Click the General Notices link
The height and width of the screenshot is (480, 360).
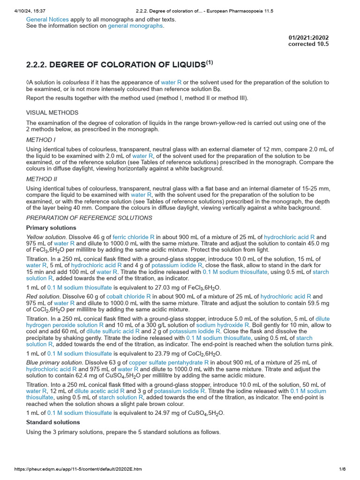[x=47, y=20]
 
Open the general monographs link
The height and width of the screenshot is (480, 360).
[x=135, y=26]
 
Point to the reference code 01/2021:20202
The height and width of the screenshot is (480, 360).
[x=308, y=37]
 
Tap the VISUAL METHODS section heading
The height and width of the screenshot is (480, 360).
[x=52, y=112]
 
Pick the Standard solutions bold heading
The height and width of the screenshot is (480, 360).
[x=53, y=422]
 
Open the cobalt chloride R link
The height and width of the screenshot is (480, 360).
[x=128, y=296]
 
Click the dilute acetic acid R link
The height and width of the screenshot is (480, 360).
[x=99, y=391]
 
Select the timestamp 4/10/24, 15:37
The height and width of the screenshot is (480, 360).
[x=29, y=4]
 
